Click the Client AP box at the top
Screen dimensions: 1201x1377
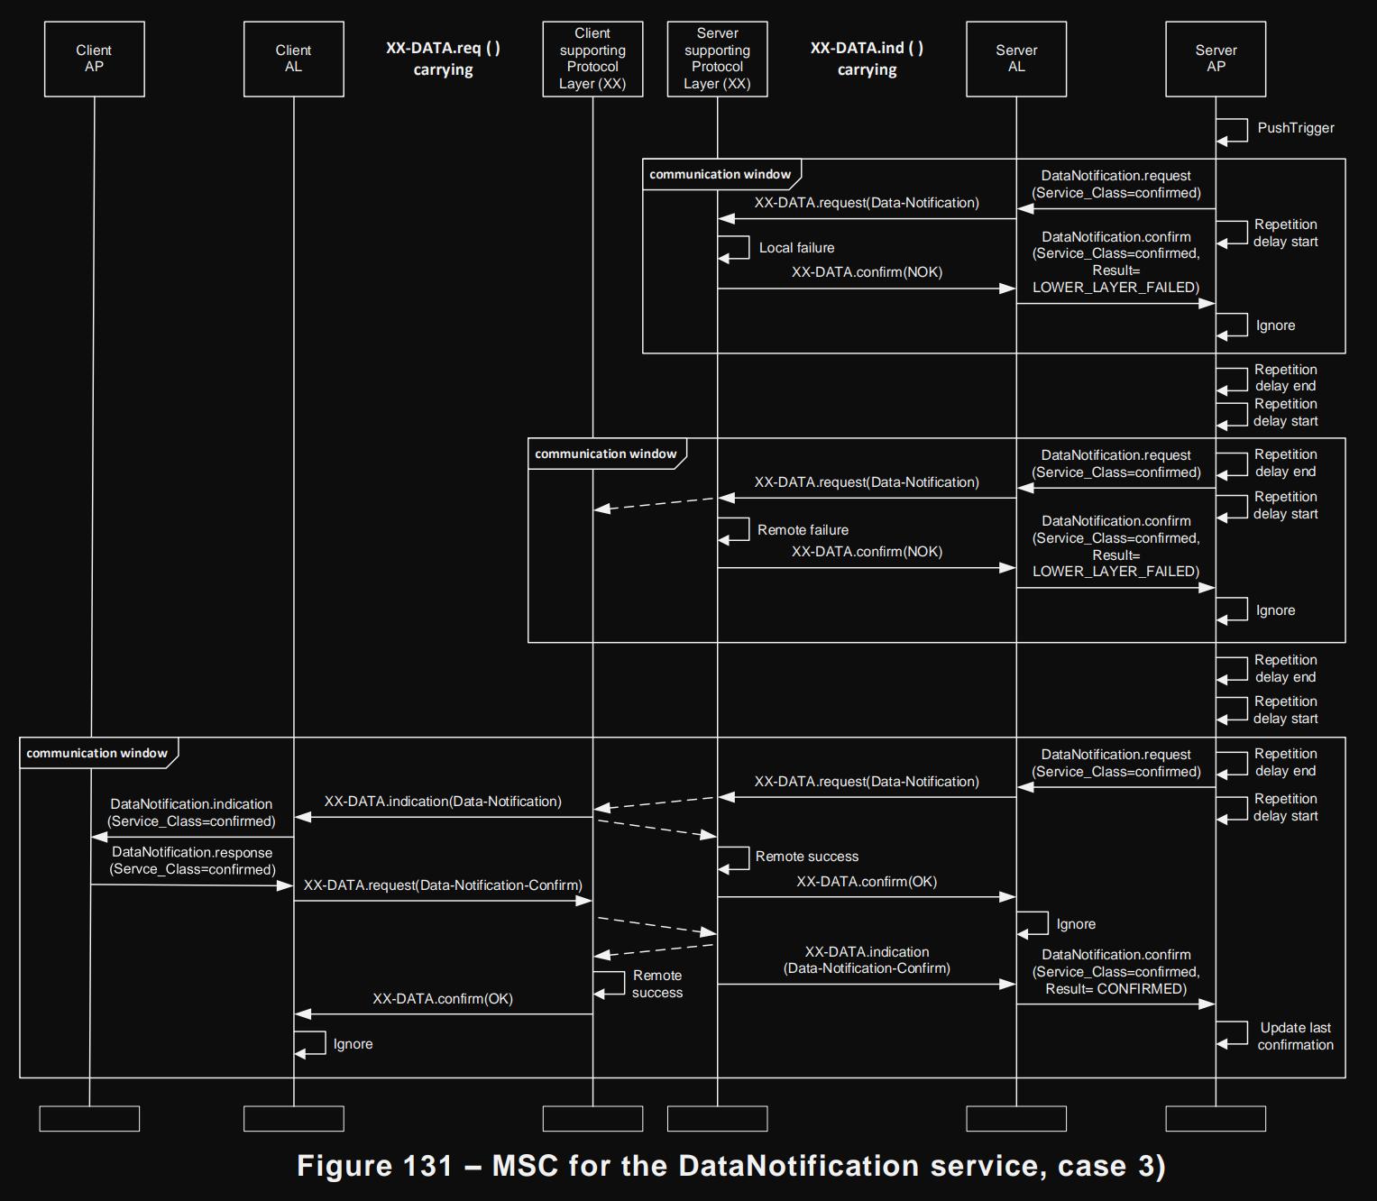[x=94, y=59]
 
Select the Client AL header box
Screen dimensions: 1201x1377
[x=293, y=59]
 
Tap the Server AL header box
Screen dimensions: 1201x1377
[x=1016, y=59]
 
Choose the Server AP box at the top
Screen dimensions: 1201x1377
[x=1216, y=59]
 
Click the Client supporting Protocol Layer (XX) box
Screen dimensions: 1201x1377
[x=592, y=59]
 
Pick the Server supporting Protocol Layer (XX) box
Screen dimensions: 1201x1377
[x=717, y=59]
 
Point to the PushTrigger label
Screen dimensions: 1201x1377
[x=1295, y=128]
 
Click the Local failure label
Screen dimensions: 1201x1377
[x=796, y=248]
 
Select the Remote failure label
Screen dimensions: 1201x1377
[x=803, y=530]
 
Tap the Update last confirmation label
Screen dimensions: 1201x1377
[x=1295, y=1036]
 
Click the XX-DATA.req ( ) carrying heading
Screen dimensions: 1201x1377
[x=443, y=59]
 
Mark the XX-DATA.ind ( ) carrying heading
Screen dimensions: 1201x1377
[x=867, y=59]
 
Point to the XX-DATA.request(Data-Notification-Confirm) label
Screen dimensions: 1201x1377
[x=443, y=885]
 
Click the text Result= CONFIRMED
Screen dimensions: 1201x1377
[x=1115, y=989]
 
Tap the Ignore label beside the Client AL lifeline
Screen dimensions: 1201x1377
[x=353, y=1044]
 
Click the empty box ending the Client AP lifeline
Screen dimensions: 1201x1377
[x=89, y=1118]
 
